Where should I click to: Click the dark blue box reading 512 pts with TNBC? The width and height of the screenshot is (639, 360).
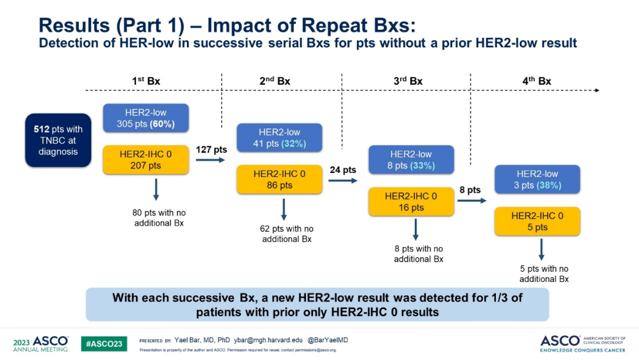click(58, 140)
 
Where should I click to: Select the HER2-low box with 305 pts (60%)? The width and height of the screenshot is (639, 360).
click(146, 118)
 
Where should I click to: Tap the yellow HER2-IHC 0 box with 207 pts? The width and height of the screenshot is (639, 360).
click(146, 160)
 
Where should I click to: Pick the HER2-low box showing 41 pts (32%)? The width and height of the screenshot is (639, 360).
click(279, 138)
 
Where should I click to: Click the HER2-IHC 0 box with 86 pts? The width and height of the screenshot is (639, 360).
click(279, 179)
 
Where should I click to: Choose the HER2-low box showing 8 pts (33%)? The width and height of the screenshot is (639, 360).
click(411, 160)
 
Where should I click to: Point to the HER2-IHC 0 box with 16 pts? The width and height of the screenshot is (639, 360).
click(411, 201)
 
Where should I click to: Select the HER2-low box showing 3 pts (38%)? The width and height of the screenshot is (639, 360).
click(537, 179)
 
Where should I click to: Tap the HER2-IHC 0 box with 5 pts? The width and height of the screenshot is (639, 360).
click(537, 221)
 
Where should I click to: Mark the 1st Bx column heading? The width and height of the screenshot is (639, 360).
click(146, 81)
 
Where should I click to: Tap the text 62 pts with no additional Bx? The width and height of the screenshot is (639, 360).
click(287, 234)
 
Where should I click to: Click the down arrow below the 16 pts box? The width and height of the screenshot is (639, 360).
click(415, 229)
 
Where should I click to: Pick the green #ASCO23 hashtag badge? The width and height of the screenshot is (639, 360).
click(104, 344)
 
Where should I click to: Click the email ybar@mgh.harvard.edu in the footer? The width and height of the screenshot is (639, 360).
click(273, 340)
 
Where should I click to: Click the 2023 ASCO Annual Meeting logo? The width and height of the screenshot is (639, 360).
click(40, 344)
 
